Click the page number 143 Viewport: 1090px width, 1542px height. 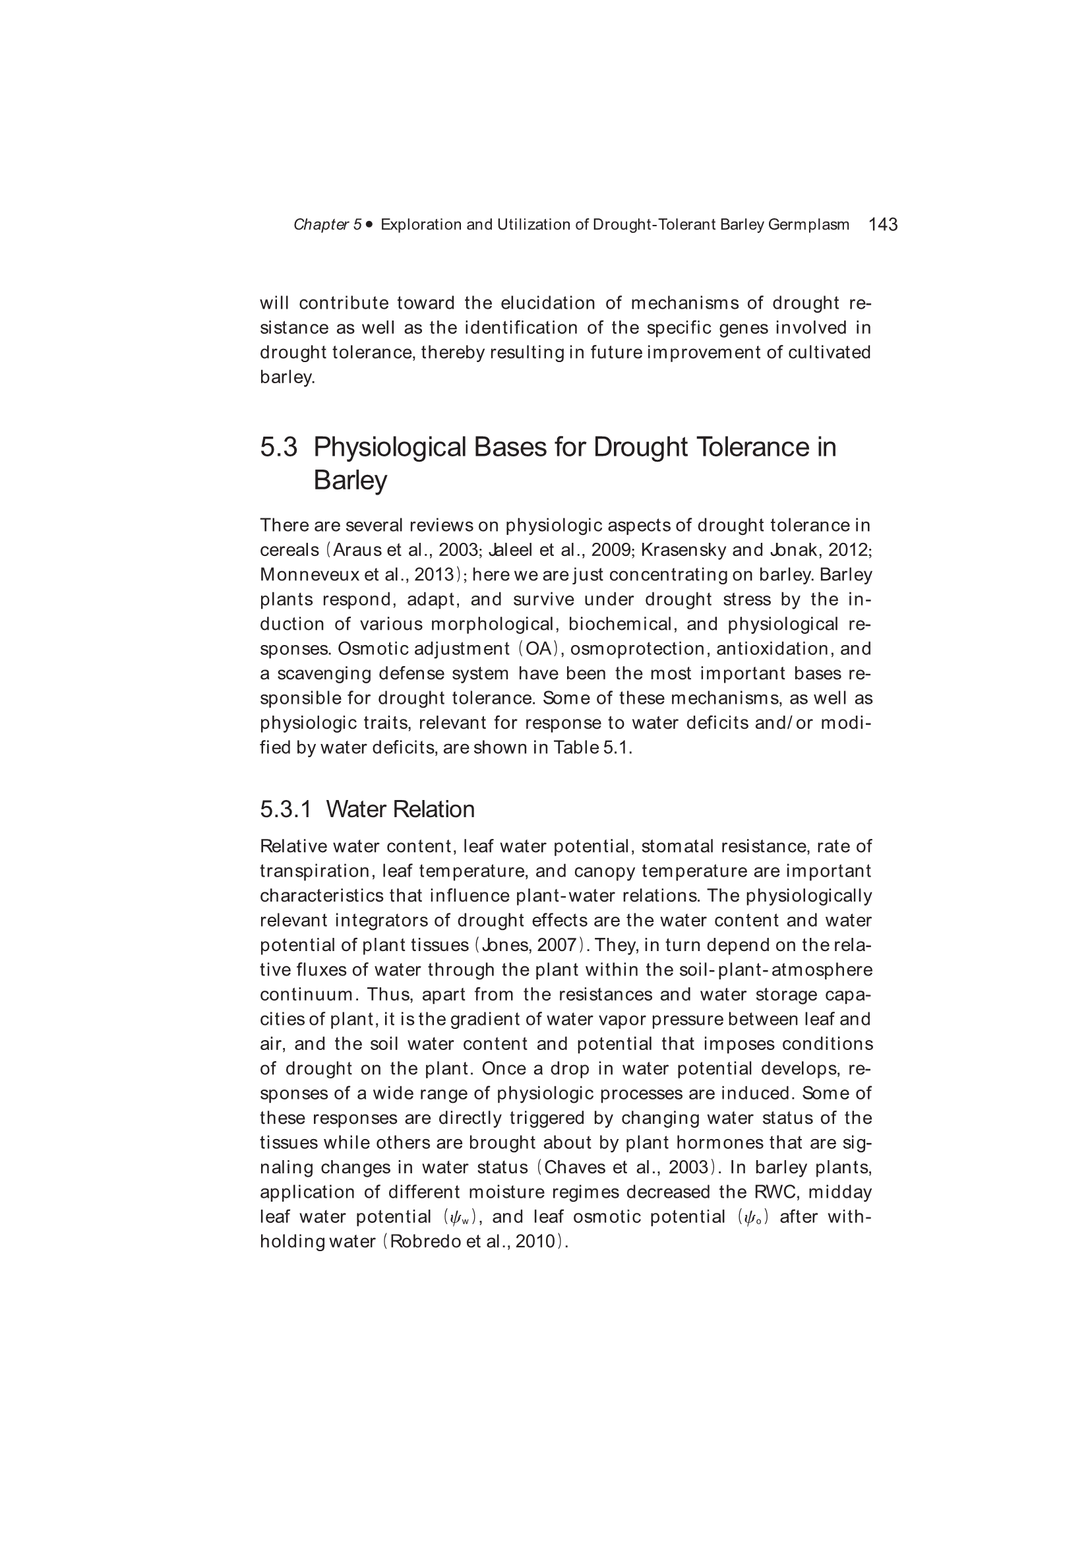click(882, 224)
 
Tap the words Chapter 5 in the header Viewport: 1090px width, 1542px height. click(327, 225)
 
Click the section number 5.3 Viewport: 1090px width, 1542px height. click(278, 447)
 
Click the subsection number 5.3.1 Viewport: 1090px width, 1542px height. click(286, 809)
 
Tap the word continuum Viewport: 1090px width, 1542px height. click(306, 995)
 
